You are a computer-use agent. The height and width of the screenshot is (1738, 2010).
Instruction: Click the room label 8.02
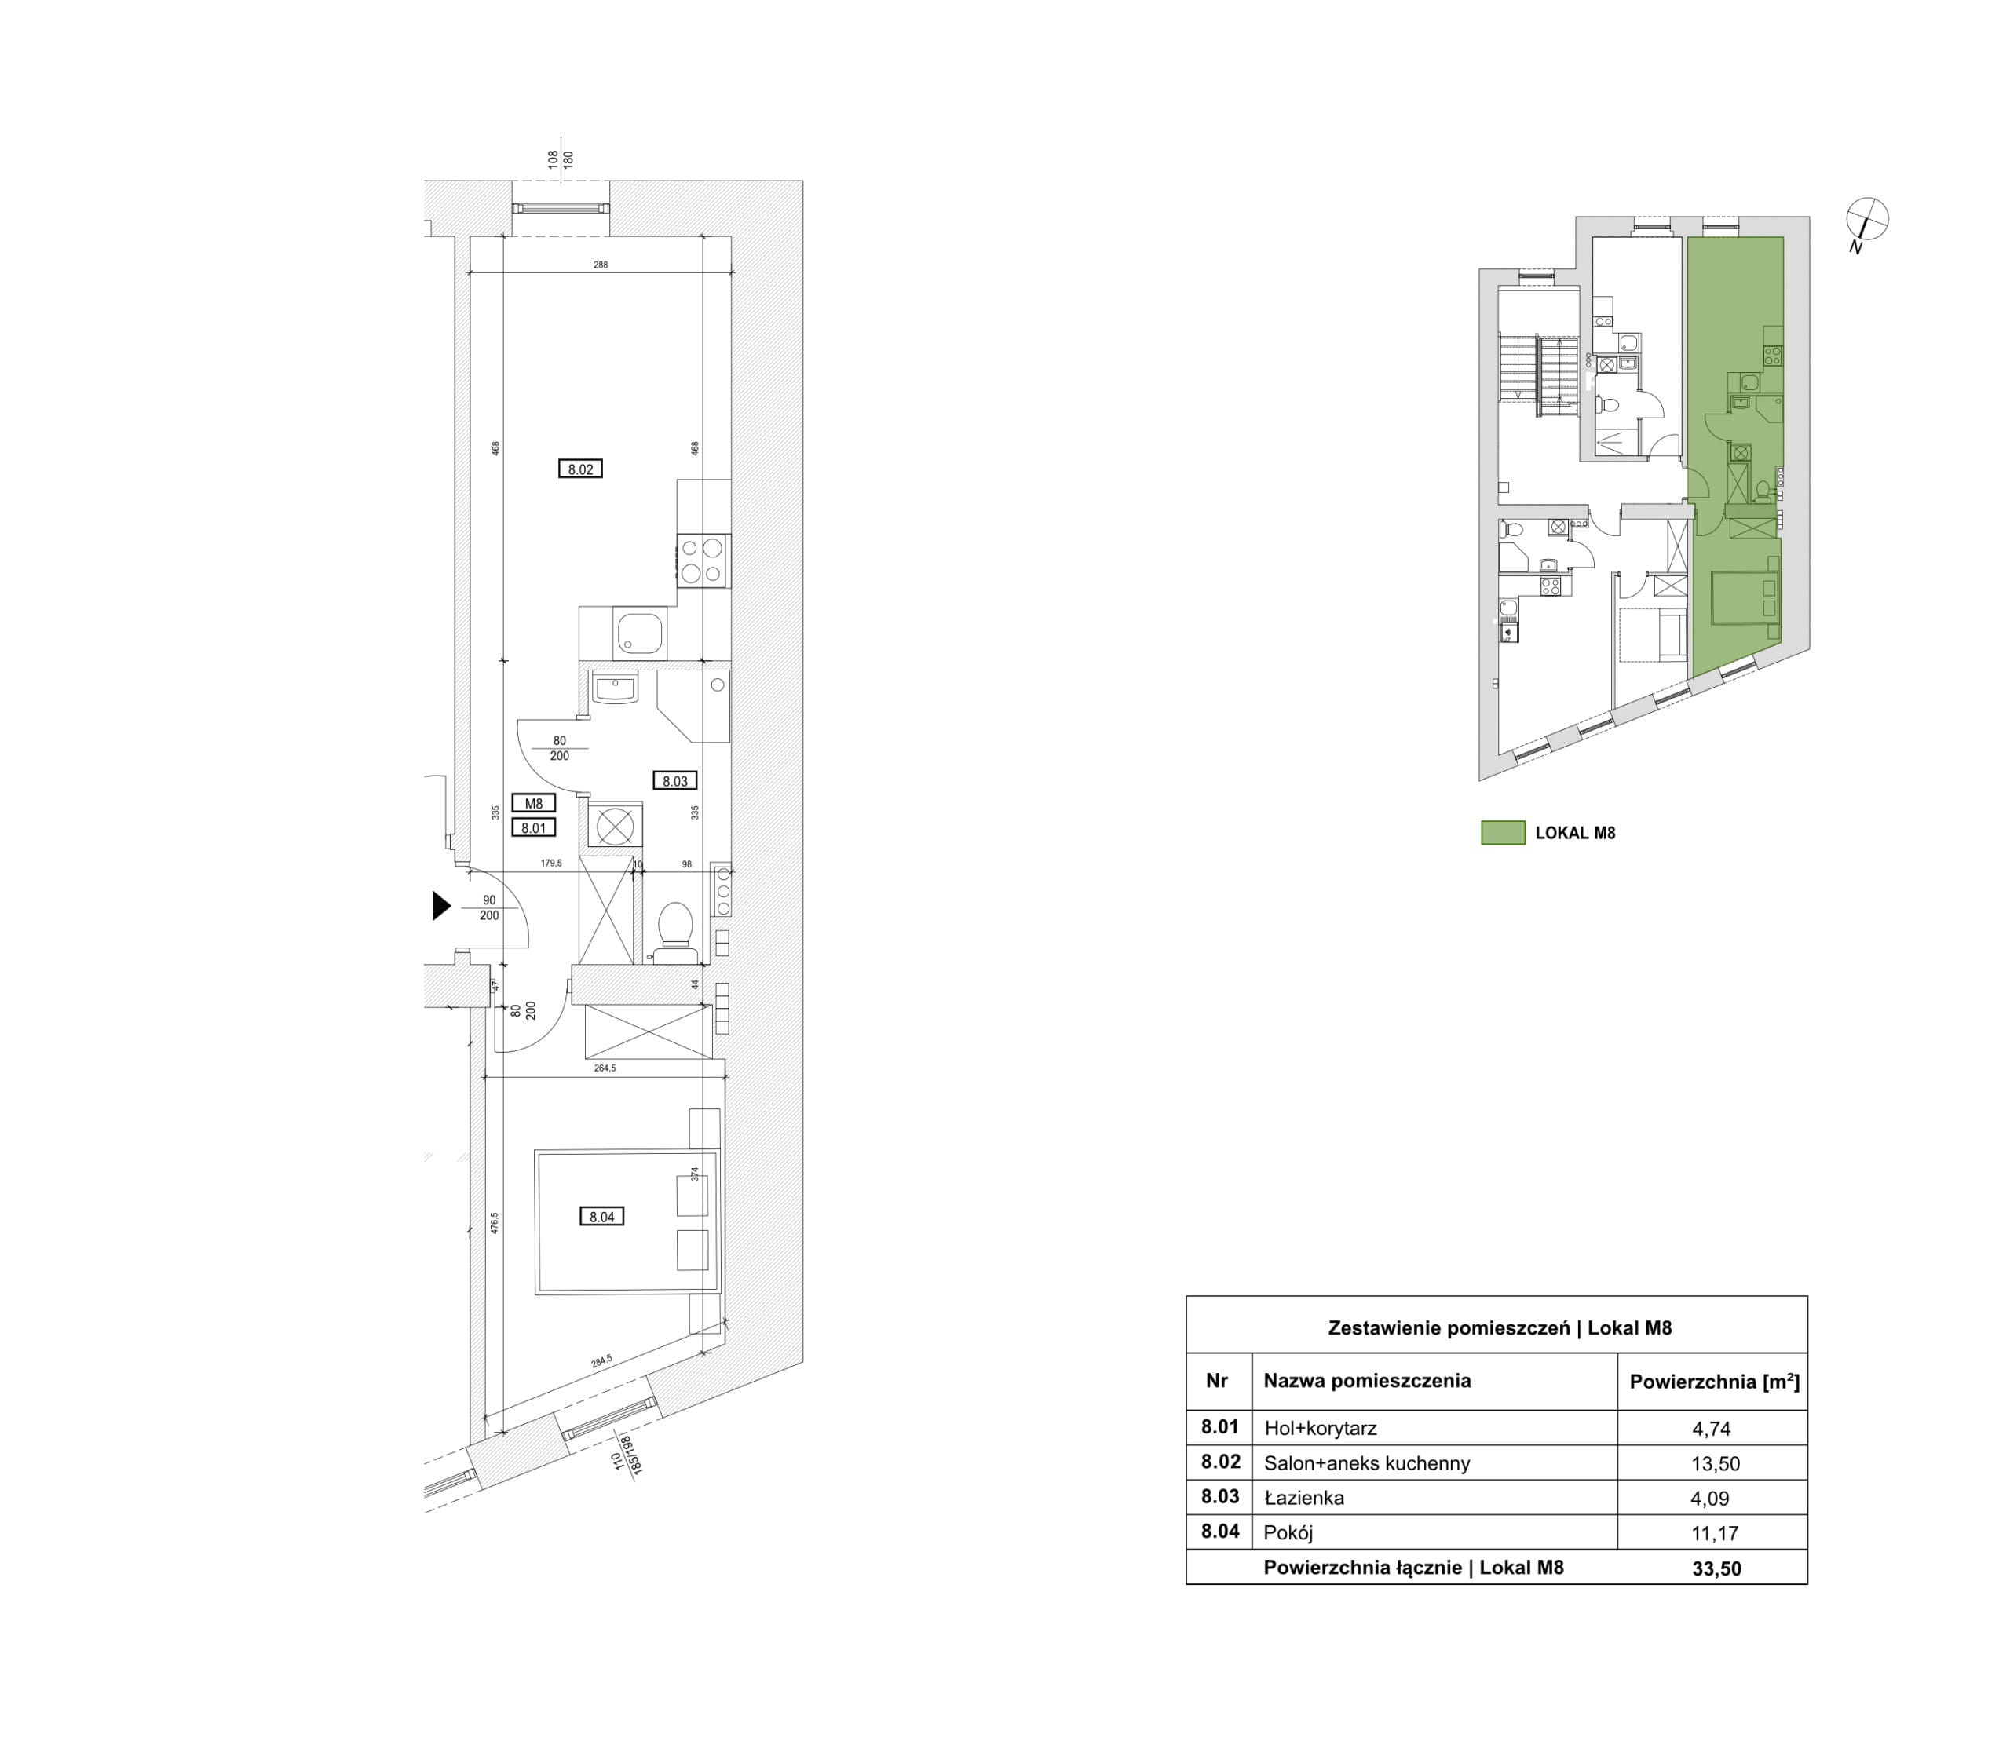click(x=580, y=469)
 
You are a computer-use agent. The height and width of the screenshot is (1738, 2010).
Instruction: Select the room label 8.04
click(x=601, y=1216)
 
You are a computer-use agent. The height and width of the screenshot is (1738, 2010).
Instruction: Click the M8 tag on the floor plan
click(x=534, y=803)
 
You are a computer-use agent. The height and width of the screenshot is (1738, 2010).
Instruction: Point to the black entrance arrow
click(x=441, y=906)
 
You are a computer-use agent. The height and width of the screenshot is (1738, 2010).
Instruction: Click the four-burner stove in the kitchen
click(x=703, y=560)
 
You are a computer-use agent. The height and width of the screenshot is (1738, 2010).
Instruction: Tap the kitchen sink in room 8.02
click(x=638, y=634)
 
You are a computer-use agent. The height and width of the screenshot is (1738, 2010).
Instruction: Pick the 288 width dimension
click(x=601, y=265)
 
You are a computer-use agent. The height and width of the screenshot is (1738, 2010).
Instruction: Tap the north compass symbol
click(x=1866, y=219)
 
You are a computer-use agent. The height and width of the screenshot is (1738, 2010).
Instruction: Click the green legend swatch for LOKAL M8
click(x=1503, y=832)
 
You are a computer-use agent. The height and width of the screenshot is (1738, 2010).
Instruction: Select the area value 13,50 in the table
click(x=1715, y=1465)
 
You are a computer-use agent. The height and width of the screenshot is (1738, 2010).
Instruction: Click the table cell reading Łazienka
click(x=1304, y=1498)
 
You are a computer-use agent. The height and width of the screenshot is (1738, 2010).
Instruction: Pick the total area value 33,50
click(x=1716, y=1568)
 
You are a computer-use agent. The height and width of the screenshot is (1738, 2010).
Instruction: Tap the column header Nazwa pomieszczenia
click(x=1367, y=1380)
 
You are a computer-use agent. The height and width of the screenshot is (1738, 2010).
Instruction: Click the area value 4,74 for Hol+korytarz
click(x=1710, y=1429)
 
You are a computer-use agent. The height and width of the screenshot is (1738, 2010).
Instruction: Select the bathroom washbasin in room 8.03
click(x=613, y=688)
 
